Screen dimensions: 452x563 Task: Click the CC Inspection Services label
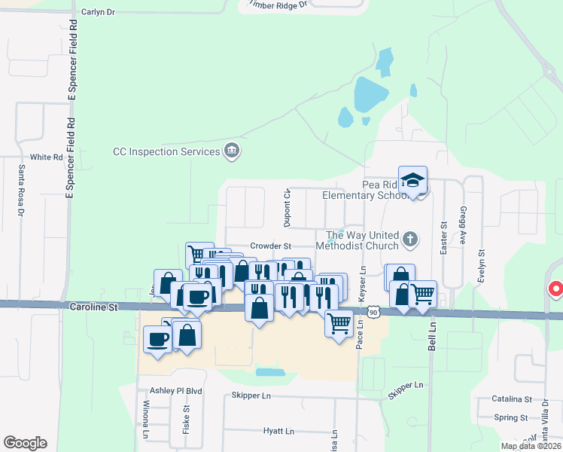pyautogui.click(x=166, y=151)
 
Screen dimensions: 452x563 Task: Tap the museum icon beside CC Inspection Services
pyautogui.click(x=232, y=151)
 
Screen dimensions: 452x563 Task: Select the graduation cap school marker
pyautogui.click(x=412, y=180)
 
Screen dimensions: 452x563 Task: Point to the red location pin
pyautogui.click(x=556, y=289)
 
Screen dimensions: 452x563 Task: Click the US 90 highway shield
pyautogui.click(x=373, y=312)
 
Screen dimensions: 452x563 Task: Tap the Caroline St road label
pyautogui.click(x=94, y=307)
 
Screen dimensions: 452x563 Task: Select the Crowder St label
pyautogui.click(x=270, y=246)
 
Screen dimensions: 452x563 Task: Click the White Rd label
pyautogui.click(x=46, y=157)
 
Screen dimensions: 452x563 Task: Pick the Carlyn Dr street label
pyautogui.click(x=98, y=13)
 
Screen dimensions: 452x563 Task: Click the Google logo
pyautogui.click(x=25, y=443)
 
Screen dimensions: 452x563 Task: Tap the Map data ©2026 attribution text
pyautogui.click(x=530, y=446)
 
